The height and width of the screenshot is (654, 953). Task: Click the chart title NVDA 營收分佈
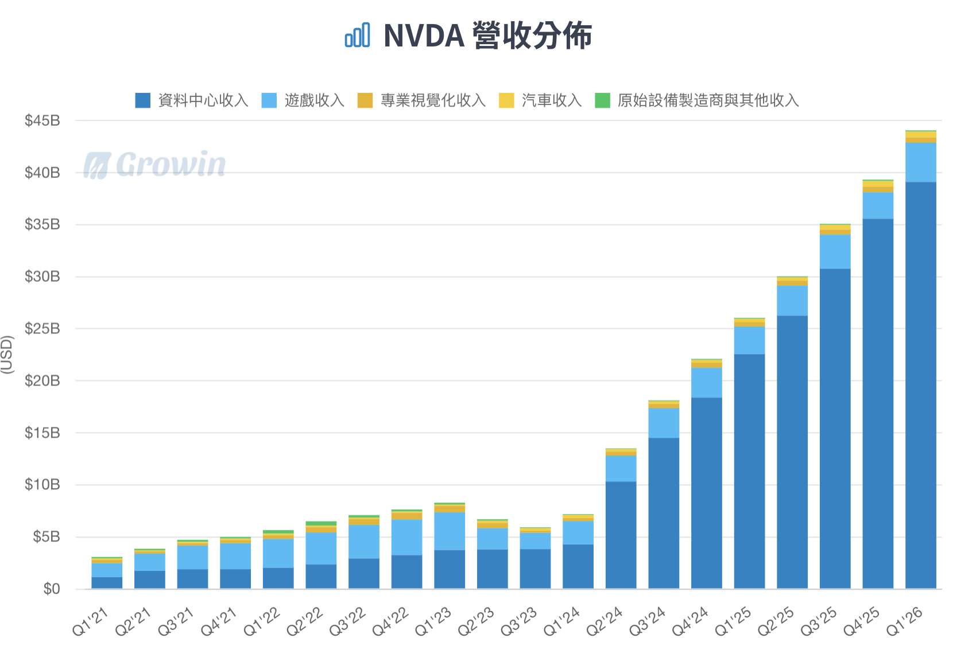click(x=487, y=36)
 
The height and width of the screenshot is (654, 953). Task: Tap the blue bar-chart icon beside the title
click(x=357, y=36)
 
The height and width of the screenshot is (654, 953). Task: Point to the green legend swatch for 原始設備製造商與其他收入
click(x=602, y=100)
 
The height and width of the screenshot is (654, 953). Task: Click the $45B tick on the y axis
click(x=42, y=121)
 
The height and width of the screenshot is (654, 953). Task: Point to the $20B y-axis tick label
click(x=42, y=381)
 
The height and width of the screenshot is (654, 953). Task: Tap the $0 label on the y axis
click(x=51, y=589)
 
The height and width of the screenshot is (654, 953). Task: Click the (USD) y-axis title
click(x=7, y=355)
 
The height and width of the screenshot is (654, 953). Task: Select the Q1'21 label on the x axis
click(x=91, y=622)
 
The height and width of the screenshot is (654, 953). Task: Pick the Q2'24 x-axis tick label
click(x=605, y=622)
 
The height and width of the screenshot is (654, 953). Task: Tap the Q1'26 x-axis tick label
click(x=905, y=622)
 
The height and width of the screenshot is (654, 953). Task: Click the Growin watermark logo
click(x=155, y=165)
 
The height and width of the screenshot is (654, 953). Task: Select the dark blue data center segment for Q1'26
click(x=921, y=384)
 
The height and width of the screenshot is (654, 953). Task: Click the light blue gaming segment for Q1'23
click(x=450, y=531)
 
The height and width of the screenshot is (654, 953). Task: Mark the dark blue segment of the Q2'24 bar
click(x=621, y=535)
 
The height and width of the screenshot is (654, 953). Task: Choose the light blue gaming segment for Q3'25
click(x=835, y=251)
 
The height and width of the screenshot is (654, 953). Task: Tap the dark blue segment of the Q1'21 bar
click(x=107, y=582)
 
